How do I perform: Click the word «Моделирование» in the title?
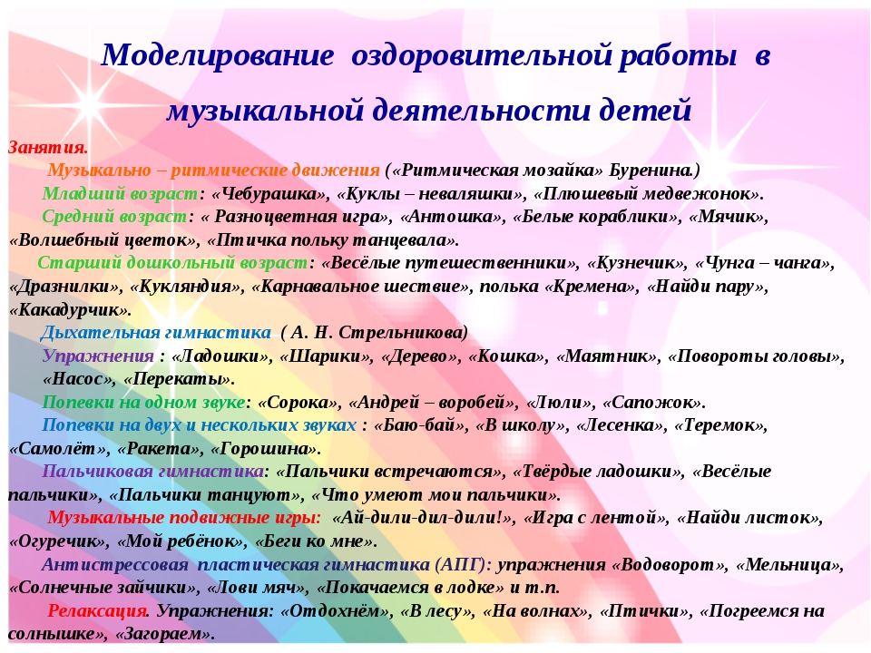click(217, 56)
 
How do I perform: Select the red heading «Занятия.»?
click(48, 148)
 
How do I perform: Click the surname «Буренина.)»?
click(654, 170)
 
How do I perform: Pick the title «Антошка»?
click(450, 217)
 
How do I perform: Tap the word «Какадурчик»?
click(70, 309)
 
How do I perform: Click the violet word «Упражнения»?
click(98, 356)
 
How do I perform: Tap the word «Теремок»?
click(720, 425)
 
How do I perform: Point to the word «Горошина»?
click(266, 448)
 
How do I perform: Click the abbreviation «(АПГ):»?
click(464, 564)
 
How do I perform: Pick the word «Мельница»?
click(790, 564)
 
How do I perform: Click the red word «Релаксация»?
click(97, 610)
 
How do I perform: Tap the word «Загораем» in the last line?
click(163, 634)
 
